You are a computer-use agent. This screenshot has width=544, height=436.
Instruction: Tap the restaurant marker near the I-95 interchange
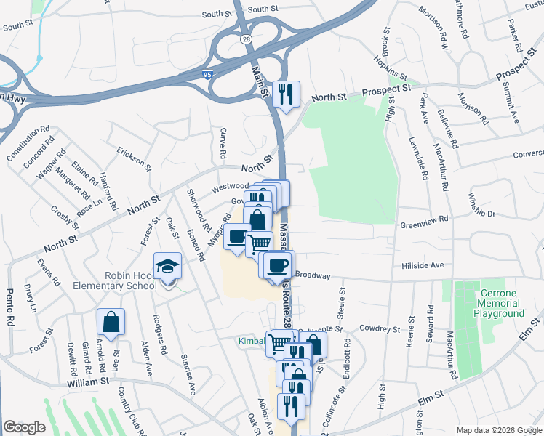pos(286,94)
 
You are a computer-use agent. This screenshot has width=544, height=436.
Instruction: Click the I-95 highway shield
pos(208,73)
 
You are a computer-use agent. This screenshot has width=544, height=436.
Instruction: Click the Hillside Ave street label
pos(423,266)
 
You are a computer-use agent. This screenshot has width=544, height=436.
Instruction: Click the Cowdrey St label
pos(380,329)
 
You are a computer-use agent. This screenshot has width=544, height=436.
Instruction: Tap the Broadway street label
pos(313,276)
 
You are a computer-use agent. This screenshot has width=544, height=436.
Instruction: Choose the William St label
pos(87,381)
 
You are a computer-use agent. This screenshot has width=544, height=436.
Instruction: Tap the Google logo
pos(24,427)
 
